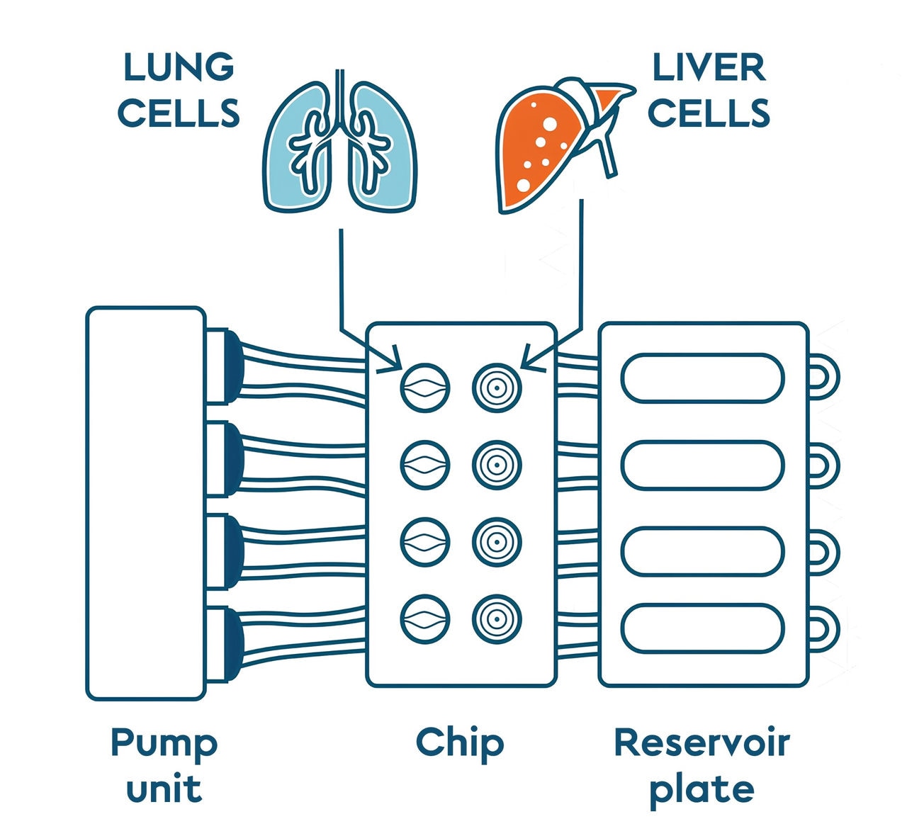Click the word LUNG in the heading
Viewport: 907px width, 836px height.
(x=178, y=67)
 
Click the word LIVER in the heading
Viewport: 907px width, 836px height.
(x=709, y=67)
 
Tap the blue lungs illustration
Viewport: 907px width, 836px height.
(x=340, y=145)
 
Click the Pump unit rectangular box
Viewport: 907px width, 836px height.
(x=145, y=503)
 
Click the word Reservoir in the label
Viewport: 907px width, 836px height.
(x=702, y=742)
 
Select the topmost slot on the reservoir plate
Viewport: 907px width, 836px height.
(x=702, y=378)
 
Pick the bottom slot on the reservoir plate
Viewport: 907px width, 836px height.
(x=702, y=628)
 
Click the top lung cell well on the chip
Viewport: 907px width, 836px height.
(x=425, y=388)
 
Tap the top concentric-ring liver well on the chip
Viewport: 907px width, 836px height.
(x=497, y=388)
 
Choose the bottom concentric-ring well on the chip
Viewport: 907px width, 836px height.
(x=497, y=619)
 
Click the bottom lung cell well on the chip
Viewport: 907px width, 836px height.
(x=425, y=619)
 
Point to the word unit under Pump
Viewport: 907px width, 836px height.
(x=164, y=789)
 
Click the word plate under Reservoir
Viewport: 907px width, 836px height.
(x=702, y=789)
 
